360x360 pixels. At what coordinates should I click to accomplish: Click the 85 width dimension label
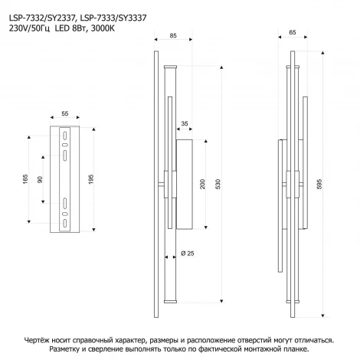[x=173, y=36]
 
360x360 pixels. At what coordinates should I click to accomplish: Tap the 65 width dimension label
[x=293, y=32]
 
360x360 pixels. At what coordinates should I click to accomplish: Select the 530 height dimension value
[x=218, y=184]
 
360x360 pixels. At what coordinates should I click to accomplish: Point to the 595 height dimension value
[x=319, y=184]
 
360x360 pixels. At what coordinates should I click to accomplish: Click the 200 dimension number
[x=202, y=184]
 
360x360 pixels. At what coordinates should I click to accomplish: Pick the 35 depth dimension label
[x=185, y=123]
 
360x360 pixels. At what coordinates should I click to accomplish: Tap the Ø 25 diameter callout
[x=188, y=254]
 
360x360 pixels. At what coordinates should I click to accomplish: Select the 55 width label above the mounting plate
[x=65, y=113]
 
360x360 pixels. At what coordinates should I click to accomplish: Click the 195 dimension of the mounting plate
[x=91, y=179]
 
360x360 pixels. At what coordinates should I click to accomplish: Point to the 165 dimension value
[x=25, y=179]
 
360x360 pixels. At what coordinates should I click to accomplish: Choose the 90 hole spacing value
[x=40, y=179]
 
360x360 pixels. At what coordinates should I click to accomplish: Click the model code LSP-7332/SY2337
[x=42, y=18]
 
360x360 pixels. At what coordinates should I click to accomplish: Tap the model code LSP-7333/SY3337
[x=113, y=18]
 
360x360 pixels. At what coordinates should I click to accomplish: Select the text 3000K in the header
[x=103, y=28]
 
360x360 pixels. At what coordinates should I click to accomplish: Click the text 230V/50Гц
[x=29, y=28]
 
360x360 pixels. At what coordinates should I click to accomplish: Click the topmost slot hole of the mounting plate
[x=65, y=136]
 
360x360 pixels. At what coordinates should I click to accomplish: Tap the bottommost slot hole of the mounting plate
[x=65, y=223]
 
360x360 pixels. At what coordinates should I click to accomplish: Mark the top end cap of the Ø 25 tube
[x=170, y=67]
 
